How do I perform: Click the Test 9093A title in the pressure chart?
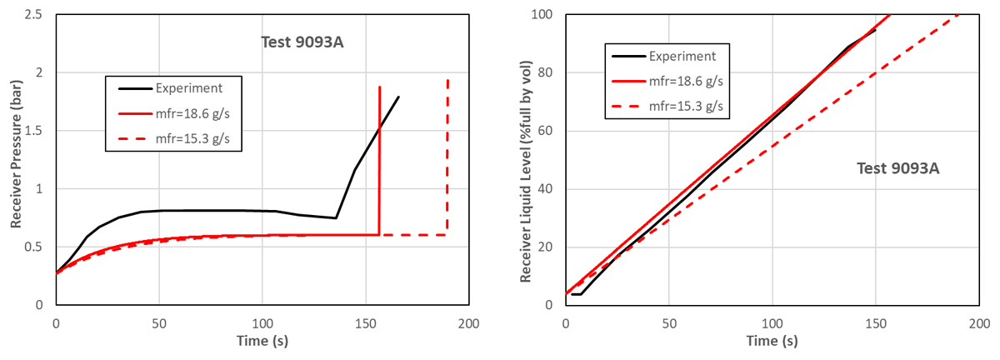point(302,42)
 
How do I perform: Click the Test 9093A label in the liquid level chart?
point(897,168)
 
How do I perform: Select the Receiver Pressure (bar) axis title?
point(16,154)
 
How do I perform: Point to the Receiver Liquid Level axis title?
point(526,172)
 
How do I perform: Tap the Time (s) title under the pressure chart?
point(262,341)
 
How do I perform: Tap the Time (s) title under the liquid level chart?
point(772,341)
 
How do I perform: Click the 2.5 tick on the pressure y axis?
point(33,15)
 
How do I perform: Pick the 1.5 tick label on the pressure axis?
point(33,131)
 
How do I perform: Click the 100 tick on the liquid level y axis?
point(542,15)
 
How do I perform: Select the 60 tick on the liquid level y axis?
point(545,131)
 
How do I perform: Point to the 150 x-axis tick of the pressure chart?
point(366,323)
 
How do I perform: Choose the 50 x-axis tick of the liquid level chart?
point(668,323)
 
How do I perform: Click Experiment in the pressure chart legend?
point(189,88)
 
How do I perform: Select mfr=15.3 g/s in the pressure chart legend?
point(192,139)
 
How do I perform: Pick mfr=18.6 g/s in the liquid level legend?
point(686,82)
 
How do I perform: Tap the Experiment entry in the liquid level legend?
point(682,57)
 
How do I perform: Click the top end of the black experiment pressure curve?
point(398,97)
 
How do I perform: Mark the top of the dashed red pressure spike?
point(447,79)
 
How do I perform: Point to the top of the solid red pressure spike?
point(379,87)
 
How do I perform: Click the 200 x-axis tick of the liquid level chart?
point(979,323)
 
